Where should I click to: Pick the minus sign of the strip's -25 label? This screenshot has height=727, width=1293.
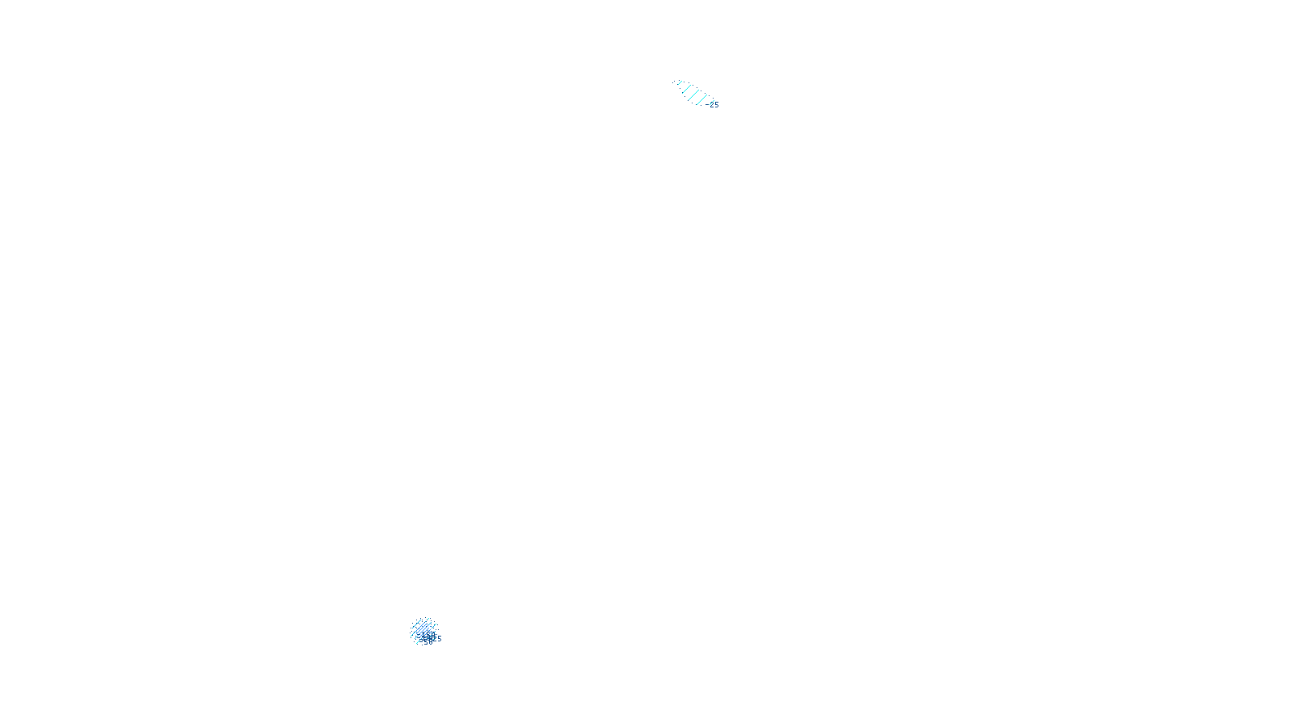coord(707,104)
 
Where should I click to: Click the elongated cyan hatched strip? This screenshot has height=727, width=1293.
coord(692,92)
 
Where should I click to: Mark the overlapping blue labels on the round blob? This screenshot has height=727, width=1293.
coord(428,638)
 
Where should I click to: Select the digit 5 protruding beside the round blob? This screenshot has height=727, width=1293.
coord(440,638)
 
